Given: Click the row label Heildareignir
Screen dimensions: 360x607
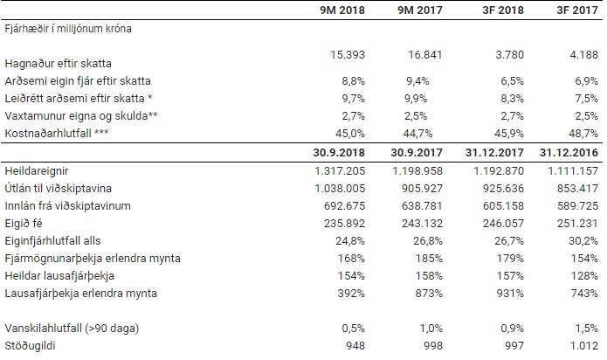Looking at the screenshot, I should [35, 170].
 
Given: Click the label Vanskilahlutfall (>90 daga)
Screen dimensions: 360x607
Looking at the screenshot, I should [70, 327].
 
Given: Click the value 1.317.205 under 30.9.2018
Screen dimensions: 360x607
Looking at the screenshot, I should [311, 170].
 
